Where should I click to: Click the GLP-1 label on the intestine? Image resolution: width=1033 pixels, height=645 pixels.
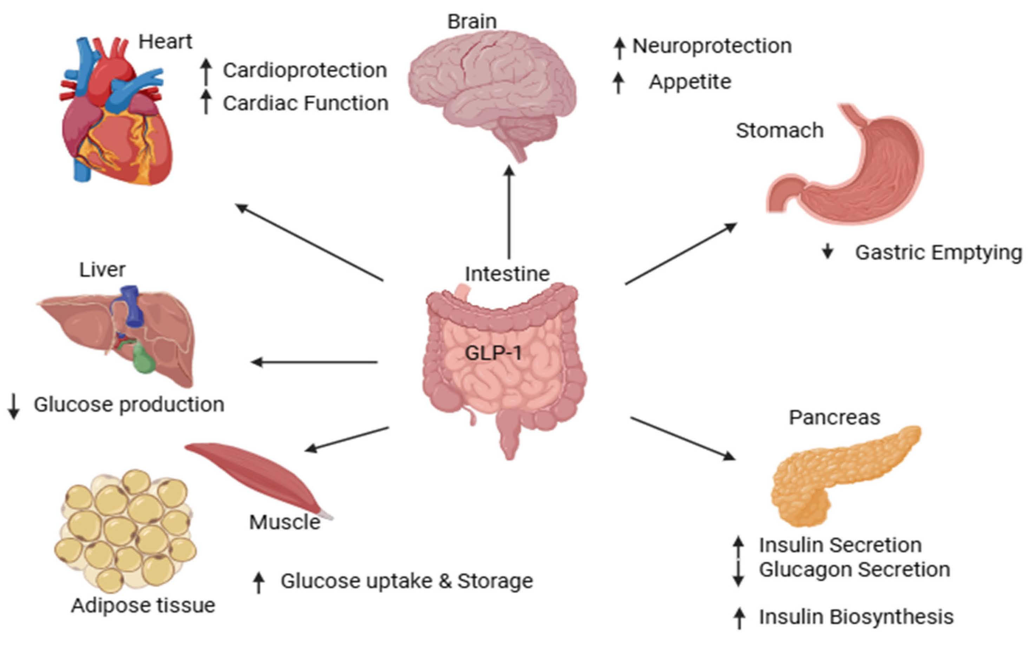click(x=493, y=353)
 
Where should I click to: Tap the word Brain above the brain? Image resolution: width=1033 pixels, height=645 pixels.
click(x=472, y=21)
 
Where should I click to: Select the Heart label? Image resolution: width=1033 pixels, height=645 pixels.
click(x=165, y=42)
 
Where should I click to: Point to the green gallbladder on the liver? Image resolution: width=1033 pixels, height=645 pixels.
click(x=144, y=359)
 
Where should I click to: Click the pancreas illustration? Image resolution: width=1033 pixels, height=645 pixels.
click(x=836, y=474)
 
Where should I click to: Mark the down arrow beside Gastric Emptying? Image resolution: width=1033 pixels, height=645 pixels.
click(x=828, y=252)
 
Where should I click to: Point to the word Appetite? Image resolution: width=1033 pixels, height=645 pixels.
click(x=690, y=82)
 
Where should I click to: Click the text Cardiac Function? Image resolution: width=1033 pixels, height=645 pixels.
click(x=305, y=103)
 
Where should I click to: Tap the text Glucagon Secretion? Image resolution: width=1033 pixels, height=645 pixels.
click(x=854, y=569)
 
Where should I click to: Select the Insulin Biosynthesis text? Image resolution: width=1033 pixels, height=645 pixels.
click(x=856, y=617)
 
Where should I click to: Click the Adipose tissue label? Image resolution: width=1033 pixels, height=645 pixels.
click(x=143, y=605)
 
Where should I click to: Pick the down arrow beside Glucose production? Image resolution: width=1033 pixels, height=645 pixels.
click(x=13, y=406)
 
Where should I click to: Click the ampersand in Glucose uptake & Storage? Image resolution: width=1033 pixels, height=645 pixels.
click(x=444, y=581)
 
